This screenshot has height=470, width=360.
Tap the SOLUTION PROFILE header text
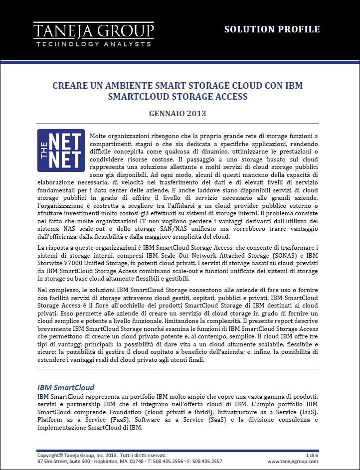[x=272, y=29]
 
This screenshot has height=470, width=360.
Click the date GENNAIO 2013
[x=178, y=113]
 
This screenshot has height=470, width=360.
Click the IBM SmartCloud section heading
[x=66, y=387]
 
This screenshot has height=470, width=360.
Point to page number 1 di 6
[x=311, y=455]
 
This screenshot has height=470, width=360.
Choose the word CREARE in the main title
[x=70, y=86]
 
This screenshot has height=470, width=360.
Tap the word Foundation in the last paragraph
[x=133, y=412]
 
